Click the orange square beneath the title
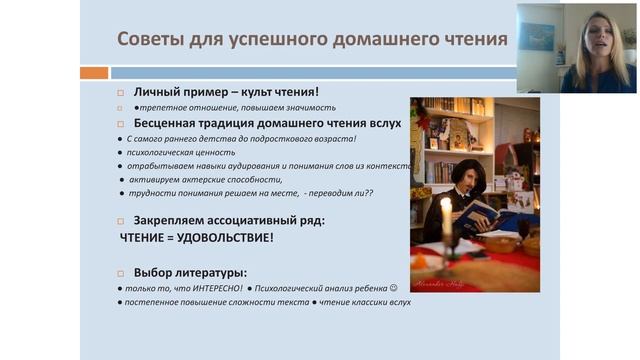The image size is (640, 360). click(x=93, y=73)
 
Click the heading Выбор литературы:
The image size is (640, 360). click(x=190, y=272)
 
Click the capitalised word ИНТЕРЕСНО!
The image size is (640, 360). click(x=211, y=288)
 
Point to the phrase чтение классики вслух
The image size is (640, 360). click(x=365, y=302)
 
